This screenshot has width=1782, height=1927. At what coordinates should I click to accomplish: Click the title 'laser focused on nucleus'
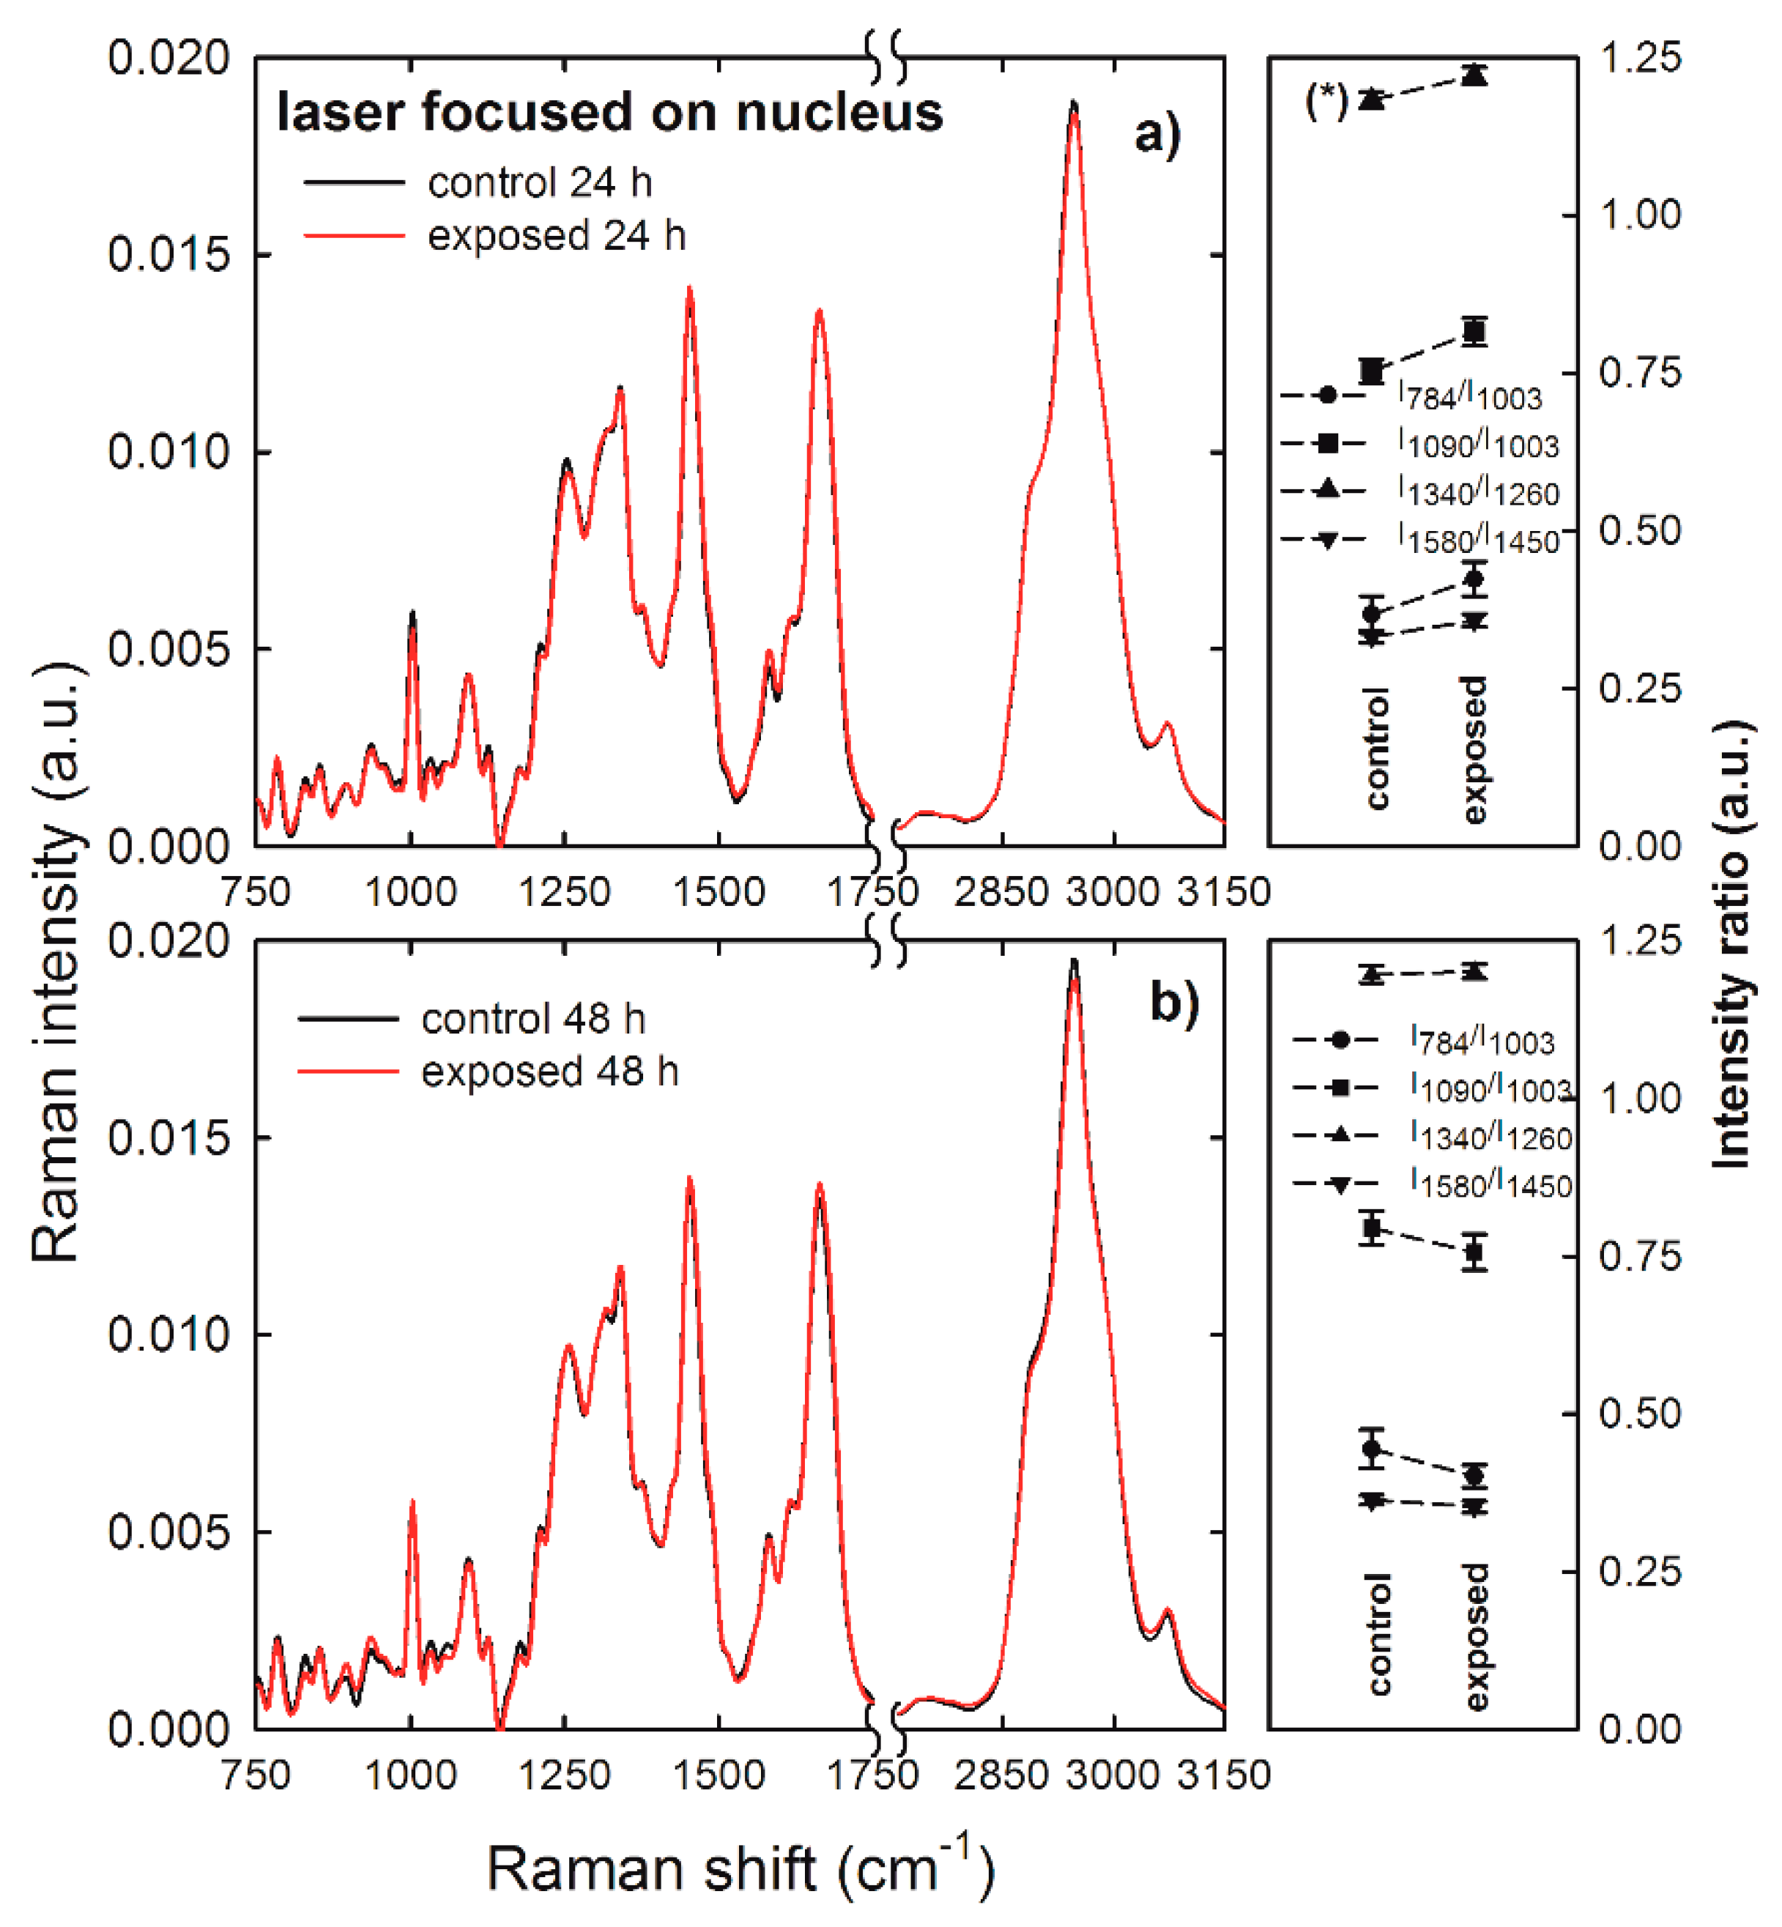(x=609, y=112)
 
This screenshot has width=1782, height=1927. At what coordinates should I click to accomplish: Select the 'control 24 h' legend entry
(x=478, y=182)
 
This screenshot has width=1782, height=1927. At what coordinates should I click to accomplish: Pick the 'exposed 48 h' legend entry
(x=488, y=1071)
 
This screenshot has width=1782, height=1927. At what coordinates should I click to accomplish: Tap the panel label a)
(x=1157, y=135)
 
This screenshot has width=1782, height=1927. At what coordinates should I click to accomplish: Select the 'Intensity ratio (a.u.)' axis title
(x=1732, y=944)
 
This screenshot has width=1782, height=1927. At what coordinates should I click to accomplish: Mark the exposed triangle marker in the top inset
(x=1474, y=74)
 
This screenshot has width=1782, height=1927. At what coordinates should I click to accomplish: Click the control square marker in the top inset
(x=1371, y=371)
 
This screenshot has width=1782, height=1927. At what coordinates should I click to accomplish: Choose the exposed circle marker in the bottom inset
(x=1474, y=1476)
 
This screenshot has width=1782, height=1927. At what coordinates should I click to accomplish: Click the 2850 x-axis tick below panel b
(x=1001, y=1775)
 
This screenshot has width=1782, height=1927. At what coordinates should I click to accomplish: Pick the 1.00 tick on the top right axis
(x=1640, y=214)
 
